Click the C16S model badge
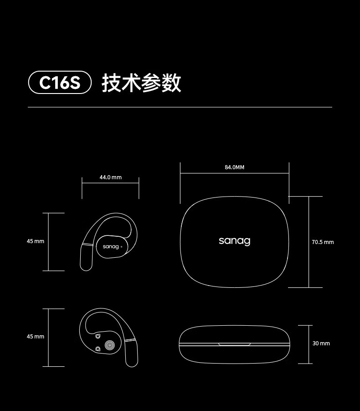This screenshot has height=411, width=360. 60,83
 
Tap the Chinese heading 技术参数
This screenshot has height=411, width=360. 141,83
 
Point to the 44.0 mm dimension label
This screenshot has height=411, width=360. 110,177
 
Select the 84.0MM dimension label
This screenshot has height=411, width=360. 234,167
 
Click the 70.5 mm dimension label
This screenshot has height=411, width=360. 323,242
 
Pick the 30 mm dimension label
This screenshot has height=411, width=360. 321,343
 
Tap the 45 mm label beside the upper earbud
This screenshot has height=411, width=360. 36,241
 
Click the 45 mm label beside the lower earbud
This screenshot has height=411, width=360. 36,337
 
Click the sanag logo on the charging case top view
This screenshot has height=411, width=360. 234,240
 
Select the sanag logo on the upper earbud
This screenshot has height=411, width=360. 111,246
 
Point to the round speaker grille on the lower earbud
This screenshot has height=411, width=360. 109,345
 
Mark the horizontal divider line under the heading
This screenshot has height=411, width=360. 180,107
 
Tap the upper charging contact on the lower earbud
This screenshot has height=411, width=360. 98,337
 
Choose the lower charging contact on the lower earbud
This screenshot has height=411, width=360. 98,349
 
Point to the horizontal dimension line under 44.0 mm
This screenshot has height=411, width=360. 110,183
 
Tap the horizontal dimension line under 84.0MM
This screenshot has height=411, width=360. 234,173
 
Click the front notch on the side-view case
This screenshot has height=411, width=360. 234,344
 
